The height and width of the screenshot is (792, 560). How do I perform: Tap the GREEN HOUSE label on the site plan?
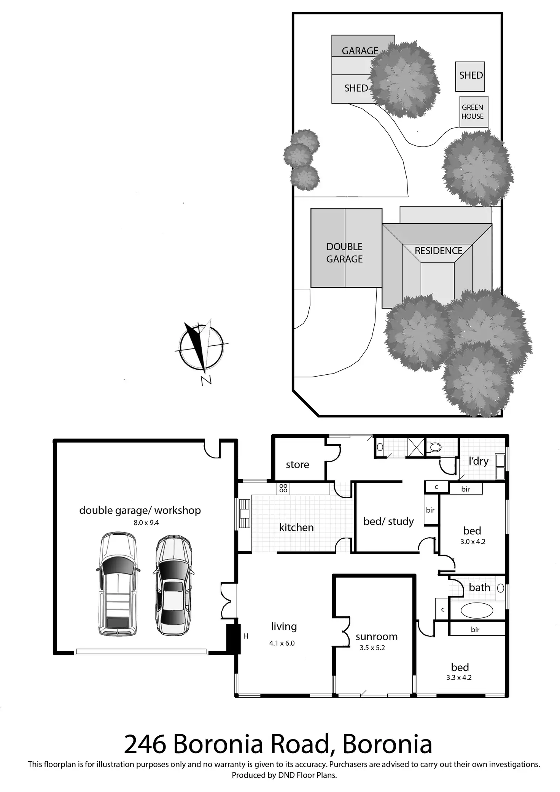(x=473, y=112)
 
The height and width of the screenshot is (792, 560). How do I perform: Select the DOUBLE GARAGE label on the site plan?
(x=344, y=253)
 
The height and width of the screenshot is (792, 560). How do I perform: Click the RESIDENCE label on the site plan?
(x=438, y=251)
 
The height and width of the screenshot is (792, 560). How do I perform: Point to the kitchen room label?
(x=296, y=528)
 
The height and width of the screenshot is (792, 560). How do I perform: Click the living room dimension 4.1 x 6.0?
(x=282, y=643)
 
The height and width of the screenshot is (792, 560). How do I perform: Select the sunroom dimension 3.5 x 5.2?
(x=372, y=648)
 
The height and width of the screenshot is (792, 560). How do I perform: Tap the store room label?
(x=297, y=464)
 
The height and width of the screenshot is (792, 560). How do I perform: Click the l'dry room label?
(x=479, y=461)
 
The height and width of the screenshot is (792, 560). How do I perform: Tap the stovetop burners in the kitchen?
(x=283, y=488)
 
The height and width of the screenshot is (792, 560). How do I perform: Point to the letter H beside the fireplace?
(x=246, y=636)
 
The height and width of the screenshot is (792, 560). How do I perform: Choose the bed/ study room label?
(x=388, y=521)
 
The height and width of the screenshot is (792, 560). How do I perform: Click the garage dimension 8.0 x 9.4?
(x=146, y=523)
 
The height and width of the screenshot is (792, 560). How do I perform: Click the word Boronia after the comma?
(x=387, y=745)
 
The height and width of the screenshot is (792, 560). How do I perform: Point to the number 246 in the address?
(x=145, y=745)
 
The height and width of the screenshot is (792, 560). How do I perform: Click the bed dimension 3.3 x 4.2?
(x=459, y=677)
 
